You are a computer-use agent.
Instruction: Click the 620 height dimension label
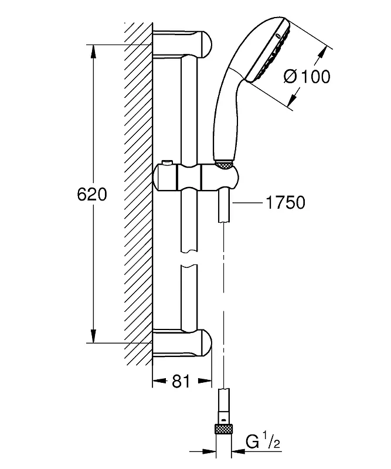click(92, 195)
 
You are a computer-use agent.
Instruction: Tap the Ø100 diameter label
click(307, 77)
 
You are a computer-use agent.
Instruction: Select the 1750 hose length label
click(285, 202)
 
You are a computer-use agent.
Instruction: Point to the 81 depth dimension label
click(181, 382)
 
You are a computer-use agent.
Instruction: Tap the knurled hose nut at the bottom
click(223, 429)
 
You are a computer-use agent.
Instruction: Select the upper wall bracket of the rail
click(182, 43)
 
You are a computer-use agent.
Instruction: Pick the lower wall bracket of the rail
click(182, 343)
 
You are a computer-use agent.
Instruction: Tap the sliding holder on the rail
click(196, 178)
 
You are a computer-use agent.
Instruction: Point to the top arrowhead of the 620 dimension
click(93, 51)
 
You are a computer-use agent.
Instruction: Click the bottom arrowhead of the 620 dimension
click(93, 336)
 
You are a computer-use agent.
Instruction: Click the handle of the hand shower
click(226, 117)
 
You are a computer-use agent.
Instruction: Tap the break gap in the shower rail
click(189, 259)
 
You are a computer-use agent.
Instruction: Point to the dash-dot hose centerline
click(223, 305)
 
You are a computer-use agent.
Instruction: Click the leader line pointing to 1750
click(247, 202)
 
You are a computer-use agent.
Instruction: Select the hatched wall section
click(138, 194)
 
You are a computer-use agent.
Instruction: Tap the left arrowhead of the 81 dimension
click(159, 380)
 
